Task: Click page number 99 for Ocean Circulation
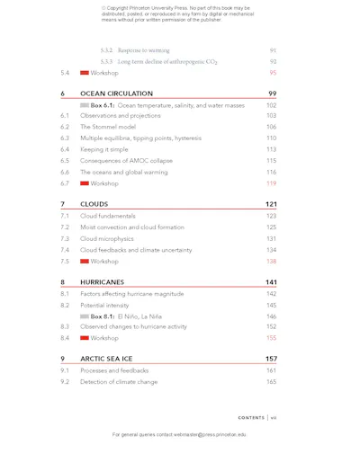[272, 93]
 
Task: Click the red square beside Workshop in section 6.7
[85, 183]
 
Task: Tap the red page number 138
[271, 262]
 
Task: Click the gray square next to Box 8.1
[85, 316]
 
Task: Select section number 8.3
[65, 327]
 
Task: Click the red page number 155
[271, 339]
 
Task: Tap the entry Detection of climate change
[119, 382]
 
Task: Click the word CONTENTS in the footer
[251, 418]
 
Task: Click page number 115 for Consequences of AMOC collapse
[271, 161]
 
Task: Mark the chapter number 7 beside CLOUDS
[62, 204]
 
